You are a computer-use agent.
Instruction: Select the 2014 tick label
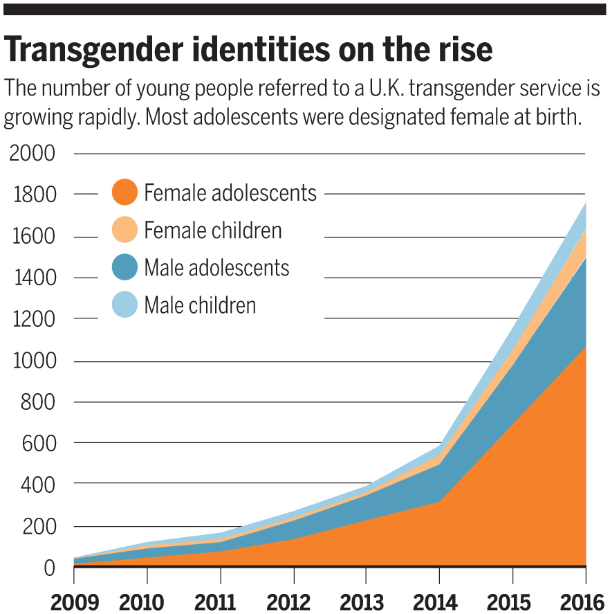pos(438,601)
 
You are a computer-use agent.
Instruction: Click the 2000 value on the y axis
pos(31,153)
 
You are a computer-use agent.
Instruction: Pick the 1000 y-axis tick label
pos(31,361)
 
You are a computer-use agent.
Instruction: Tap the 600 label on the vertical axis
pos(38,442)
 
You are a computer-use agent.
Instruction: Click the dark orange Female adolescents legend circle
pos(124,192)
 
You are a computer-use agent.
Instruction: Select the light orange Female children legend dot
pos(124,231)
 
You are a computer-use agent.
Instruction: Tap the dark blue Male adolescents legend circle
pos(124,268)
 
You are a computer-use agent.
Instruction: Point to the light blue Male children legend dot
pos(124,305)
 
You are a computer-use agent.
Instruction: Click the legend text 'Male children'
pos(200,305)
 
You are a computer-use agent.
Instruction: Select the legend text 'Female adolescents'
pos(230,192)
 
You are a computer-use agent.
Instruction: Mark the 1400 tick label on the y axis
pos(31,278)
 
